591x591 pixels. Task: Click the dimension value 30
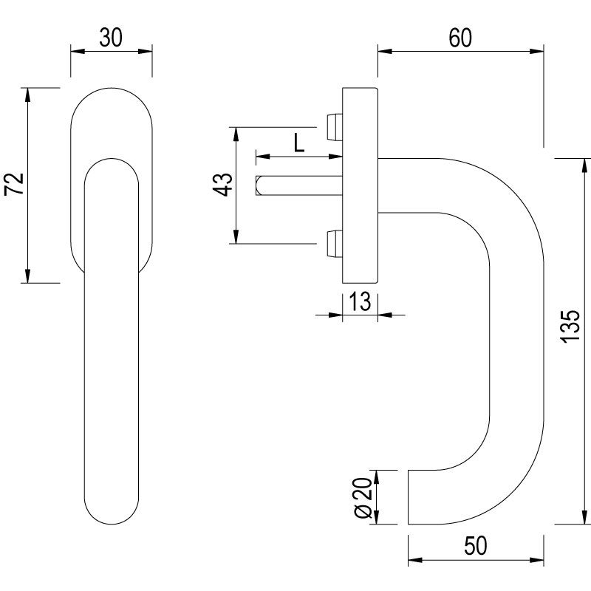pos(112,38)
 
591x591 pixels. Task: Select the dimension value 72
pos(16,185)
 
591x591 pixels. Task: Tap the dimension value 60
pos(460,38)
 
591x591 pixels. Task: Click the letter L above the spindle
pos(298,142)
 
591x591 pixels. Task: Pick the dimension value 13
pos(359,302)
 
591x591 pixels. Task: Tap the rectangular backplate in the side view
pos(360,185)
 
